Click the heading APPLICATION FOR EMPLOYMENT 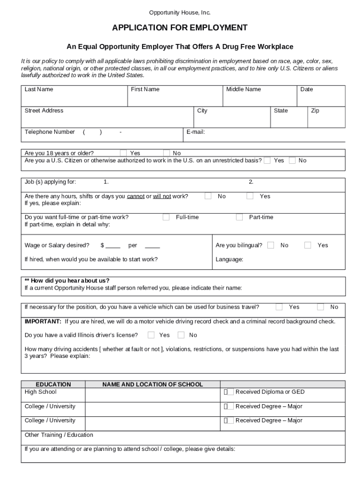180,28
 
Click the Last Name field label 39,89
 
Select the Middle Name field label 244,89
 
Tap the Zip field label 315,111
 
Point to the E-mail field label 195,132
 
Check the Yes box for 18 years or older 123,153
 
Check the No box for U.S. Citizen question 292,160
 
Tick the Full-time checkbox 166,217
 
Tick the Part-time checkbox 239,217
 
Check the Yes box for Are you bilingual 308,245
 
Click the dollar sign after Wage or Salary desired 102,246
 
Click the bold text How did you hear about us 67,281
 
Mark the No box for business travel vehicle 320,307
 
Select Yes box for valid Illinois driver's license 151,335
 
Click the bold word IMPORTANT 43,321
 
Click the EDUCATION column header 53,385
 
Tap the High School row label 40,392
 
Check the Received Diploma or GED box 226,392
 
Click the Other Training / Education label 59,435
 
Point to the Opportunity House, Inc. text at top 180,12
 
